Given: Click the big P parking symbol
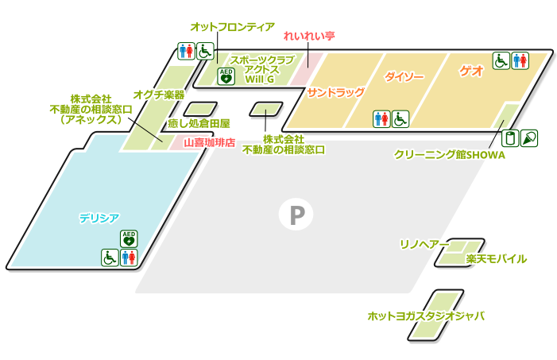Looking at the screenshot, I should point(296,214).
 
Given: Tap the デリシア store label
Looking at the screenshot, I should point(99,217).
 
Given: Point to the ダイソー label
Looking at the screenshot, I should point(404,77).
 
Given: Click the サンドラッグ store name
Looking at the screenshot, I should point(335,92).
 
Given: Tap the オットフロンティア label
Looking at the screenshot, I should point(232,27).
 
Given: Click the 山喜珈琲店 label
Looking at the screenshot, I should point(209,143).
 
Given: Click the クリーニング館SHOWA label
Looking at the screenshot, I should point(449,155).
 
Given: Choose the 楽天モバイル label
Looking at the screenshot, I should point(496,259).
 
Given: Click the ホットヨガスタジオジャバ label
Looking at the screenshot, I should point(426,315).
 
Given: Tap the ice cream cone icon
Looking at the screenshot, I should point(529,137).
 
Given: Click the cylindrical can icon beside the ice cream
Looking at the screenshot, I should point(511,137).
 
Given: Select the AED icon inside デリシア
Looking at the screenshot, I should point(129,238).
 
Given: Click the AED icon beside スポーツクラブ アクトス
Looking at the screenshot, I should point(226,76).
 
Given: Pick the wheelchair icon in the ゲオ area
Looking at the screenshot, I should point(501,60).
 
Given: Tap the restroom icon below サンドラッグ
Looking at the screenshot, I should point(381,118).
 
